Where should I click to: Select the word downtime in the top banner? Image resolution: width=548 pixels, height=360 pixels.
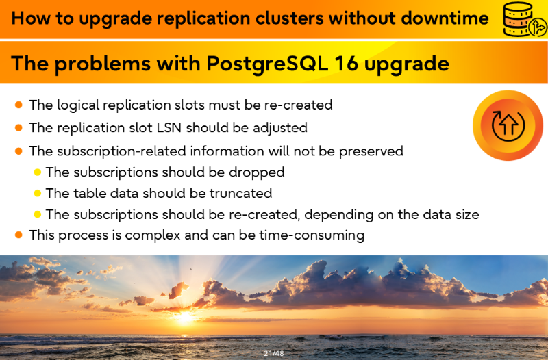point(445,18)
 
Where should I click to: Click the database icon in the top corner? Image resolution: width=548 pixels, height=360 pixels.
point(524,19)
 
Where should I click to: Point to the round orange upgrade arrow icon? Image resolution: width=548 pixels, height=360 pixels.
point(508,125)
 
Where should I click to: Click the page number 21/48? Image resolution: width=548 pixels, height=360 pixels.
point(274,353)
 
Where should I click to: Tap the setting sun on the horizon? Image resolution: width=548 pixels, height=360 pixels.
point(184,317)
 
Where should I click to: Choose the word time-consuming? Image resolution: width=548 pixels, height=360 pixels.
point(312,235)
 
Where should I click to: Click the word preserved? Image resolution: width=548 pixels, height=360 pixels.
point(371,151)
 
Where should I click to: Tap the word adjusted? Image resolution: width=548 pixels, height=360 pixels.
point(280,128)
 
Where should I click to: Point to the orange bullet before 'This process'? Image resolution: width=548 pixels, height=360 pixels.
point(19,235)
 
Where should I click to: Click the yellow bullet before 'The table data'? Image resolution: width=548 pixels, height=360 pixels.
point(38,193)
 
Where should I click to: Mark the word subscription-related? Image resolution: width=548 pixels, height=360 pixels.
point(121,151)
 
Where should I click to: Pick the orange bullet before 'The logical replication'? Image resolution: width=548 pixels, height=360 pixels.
point(19,105)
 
